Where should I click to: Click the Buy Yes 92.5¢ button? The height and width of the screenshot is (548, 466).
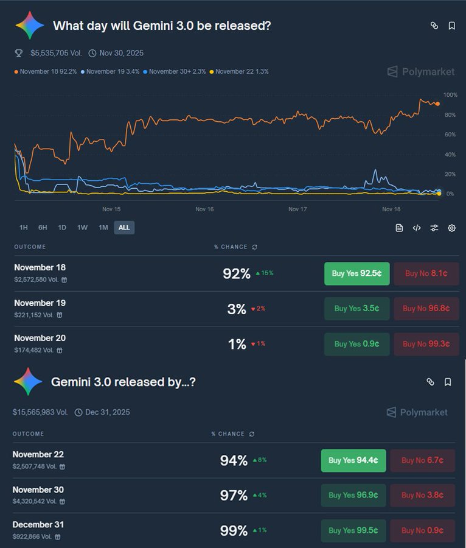(x=356, y=273)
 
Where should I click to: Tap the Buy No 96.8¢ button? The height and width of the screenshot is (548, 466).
(x=426, y=309)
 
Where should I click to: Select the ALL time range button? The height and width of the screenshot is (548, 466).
(x=124, y=228)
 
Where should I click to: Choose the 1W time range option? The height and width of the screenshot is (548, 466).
(x=82, y=228)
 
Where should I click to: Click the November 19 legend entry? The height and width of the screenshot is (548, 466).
(x=110, y=72)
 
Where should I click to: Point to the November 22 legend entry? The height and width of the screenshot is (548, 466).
(x=239, y=72)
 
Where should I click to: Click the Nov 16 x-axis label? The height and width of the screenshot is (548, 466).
(x=204, y=209)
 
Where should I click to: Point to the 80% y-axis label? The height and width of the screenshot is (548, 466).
(x=450, y=114)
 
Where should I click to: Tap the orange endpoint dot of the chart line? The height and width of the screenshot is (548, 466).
(x=437, y=104)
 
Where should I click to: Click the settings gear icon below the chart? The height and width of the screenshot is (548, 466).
(x=451, y=228)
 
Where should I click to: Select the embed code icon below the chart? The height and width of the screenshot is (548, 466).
(x=417, y=228)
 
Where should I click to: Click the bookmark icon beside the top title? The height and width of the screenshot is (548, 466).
(x=451, y=26)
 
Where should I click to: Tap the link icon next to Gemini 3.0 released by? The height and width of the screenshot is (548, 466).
(x=430, y=382)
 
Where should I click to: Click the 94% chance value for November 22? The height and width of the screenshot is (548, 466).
(x=234, y=460)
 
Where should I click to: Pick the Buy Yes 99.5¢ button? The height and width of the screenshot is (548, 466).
(x=353, y=530)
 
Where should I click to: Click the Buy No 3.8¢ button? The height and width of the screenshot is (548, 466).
(x=422, y=495)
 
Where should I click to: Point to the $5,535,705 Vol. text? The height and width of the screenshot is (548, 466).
(x=56, y=53)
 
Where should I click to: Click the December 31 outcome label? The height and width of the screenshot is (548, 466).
(x=38, y=525)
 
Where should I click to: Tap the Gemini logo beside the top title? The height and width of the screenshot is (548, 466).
(x=30, y=25)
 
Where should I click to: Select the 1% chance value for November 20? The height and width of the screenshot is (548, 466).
(x=237, y=344)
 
